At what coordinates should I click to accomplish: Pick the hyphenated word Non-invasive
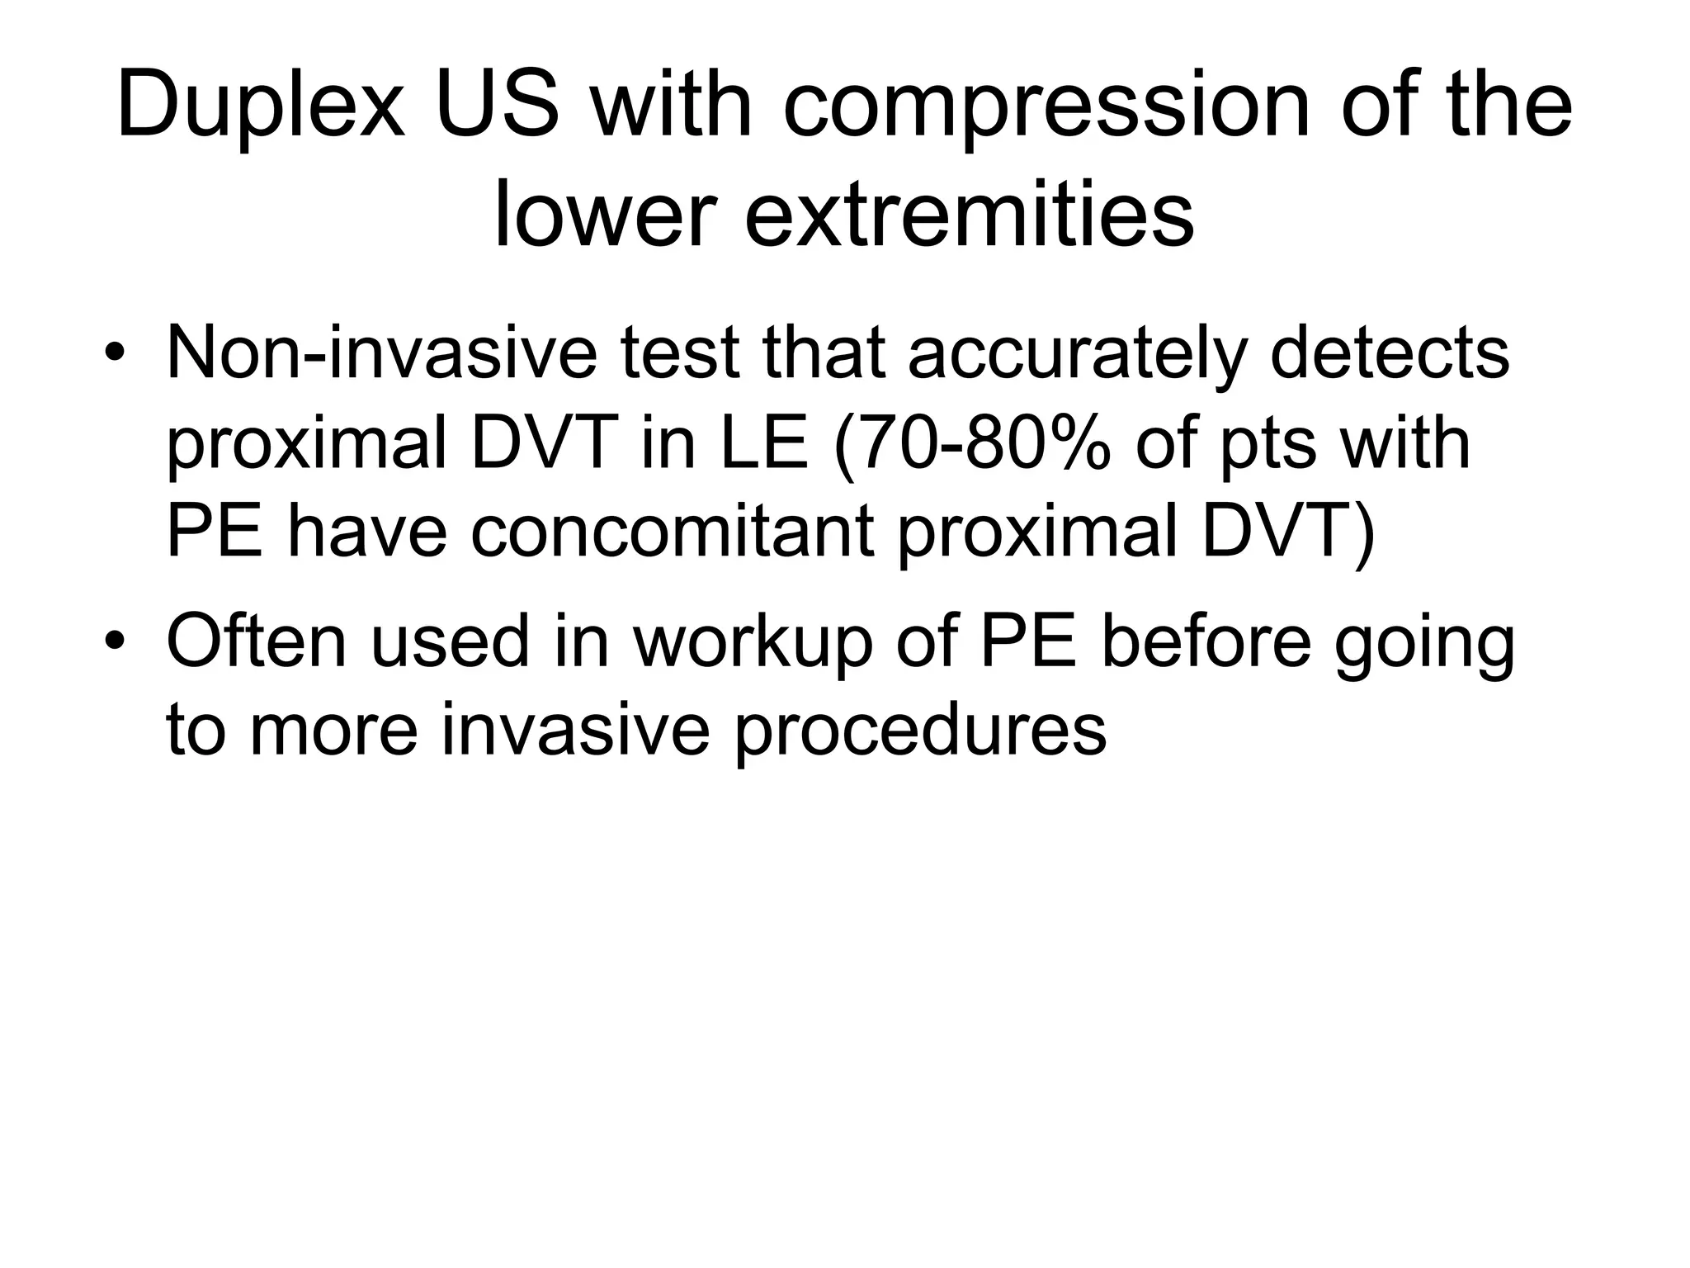pos(381,353)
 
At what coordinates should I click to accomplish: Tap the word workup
pos(753,643)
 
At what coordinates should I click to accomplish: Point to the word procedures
pos(919,731)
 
